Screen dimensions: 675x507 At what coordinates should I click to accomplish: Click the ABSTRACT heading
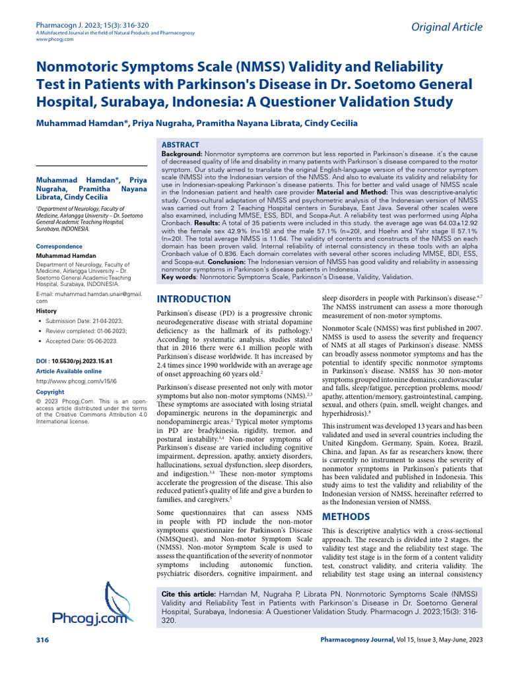pyautogui.click(x=180, y=144)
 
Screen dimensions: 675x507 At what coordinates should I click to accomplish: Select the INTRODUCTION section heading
pyautogui.click(x=193, y=299)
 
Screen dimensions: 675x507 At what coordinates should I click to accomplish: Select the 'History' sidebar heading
pyautogui.click(x=46, y=310)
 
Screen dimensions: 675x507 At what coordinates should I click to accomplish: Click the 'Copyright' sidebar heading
pyautogui.click(x=50, y=392)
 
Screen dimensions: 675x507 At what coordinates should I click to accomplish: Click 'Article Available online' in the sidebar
pyautogui.click(x=69, y=371)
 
